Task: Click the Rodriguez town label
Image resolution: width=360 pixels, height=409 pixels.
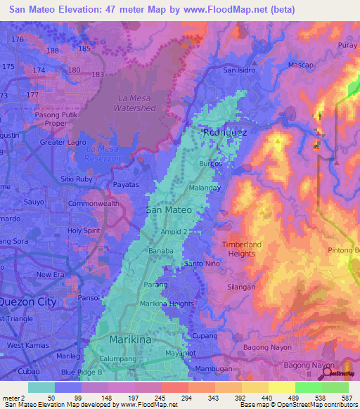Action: click(x=221, y=131)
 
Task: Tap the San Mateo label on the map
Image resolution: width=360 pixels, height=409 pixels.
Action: click(x=168, y=209)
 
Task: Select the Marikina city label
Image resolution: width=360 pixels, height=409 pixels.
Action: click(x=130, y=339)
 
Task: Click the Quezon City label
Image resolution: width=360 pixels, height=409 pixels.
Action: click(x=27, y=301)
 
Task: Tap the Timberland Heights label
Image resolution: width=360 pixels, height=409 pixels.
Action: click(x=238, y=249)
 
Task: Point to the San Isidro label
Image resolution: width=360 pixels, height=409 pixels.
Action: click(x=239, y=70)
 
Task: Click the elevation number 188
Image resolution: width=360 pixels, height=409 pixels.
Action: click(x=52, y=51)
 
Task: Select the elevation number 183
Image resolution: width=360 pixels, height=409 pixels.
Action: click(x=97, y=74)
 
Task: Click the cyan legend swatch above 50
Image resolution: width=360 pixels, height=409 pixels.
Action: click(x=41, y=387)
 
